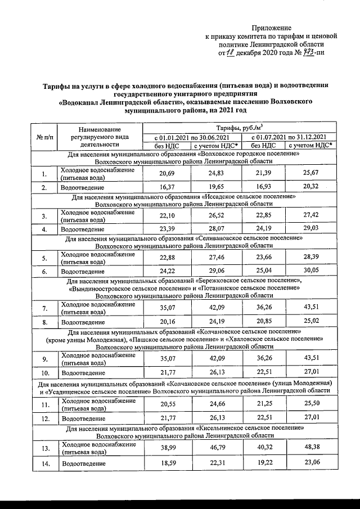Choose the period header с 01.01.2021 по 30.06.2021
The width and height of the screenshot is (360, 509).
[x=192, y=137]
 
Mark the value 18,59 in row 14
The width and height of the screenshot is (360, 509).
[x=167, y=463]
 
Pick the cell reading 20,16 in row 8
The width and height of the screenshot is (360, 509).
[x=167, y=322]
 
